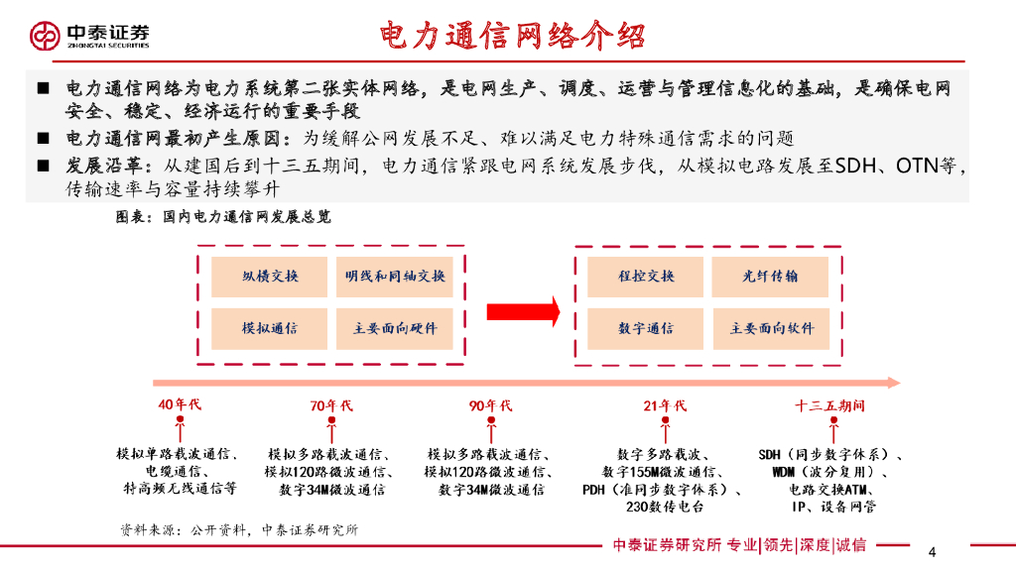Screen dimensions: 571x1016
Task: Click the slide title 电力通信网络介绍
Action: coord(513,36)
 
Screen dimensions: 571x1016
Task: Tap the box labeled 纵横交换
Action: coord(270,277)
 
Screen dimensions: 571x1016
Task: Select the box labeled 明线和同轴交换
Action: coord(395,277)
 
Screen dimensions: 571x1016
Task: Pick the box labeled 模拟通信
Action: coord(270,328)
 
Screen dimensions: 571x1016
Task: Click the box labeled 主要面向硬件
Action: coord(395,328)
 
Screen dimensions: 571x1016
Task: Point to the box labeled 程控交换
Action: coord(646,277)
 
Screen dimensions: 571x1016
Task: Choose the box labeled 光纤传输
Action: coord(771,277)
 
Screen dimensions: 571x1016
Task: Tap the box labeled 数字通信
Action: coord(646,328)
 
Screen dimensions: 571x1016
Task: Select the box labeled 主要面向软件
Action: coord(771,328)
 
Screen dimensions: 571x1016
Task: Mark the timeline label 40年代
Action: coord(180,404)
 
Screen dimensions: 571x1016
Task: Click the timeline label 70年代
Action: coord(331,405)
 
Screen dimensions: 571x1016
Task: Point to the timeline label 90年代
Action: coord(491,405)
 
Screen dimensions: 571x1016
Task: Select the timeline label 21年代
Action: coord(665,405)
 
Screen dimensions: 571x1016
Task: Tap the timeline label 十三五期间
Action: coord(829,405)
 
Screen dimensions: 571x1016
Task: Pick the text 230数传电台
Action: coord(665,507)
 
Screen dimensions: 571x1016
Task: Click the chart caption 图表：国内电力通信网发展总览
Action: coord(224,216)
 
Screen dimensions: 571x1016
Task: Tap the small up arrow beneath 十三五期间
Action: coord(829,429)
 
